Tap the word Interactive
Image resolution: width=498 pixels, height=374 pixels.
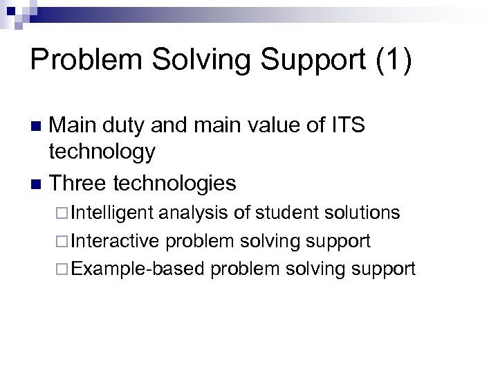click(115, 240)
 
